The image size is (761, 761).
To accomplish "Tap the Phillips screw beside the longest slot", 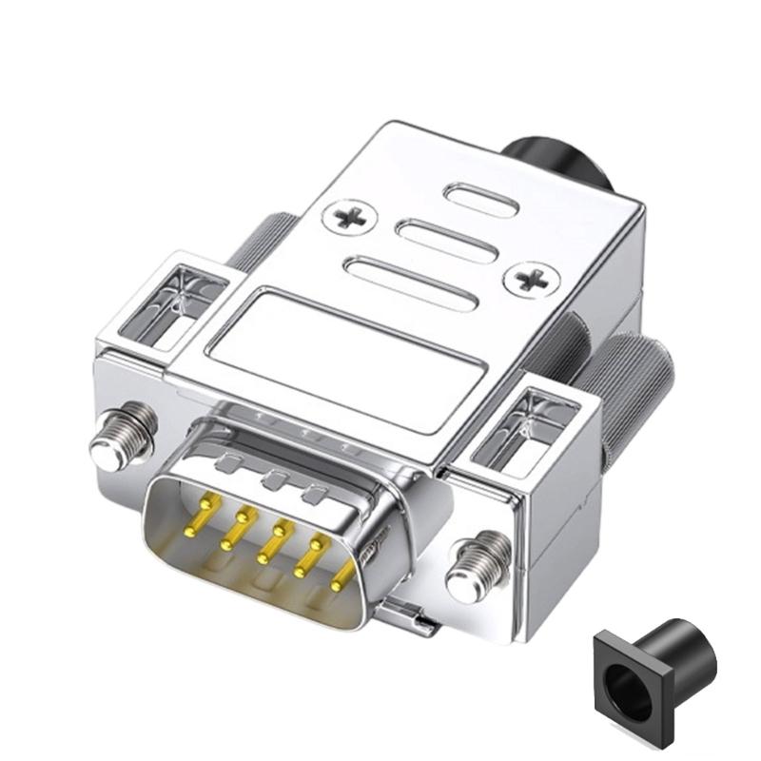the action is coord(531,280).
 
